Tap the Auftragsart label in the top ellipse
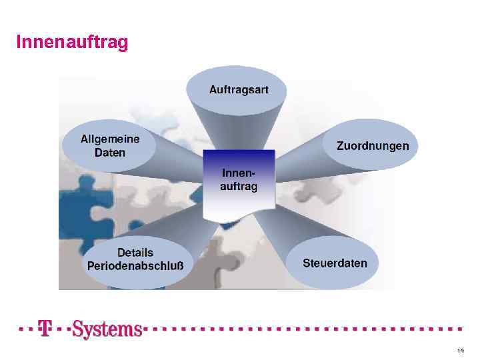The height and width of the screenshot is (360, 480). (239, 89)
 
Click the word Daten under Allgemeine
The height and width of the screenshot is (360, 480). (110, 152)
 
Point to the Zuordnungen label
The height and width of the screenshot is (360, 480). (373, 145)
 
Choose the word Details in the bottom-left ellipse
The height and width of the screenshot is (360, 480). (135, 253)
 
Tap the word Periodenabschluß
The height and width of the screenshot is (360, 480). (135, 265)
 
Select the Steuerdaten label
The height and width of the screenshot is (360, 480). (335, 263)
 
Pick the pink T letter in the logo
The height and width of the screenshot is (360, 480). (45, 329)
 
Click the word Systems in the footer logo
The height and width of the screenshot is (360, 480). (107, 329)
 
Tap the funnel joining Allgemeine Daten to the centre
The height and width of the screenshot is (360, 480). (177, 160)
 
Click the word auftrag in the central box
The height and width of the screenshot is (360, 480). (239, 187)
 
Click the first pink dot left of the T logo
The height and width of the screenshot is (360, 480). (20, 329)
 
